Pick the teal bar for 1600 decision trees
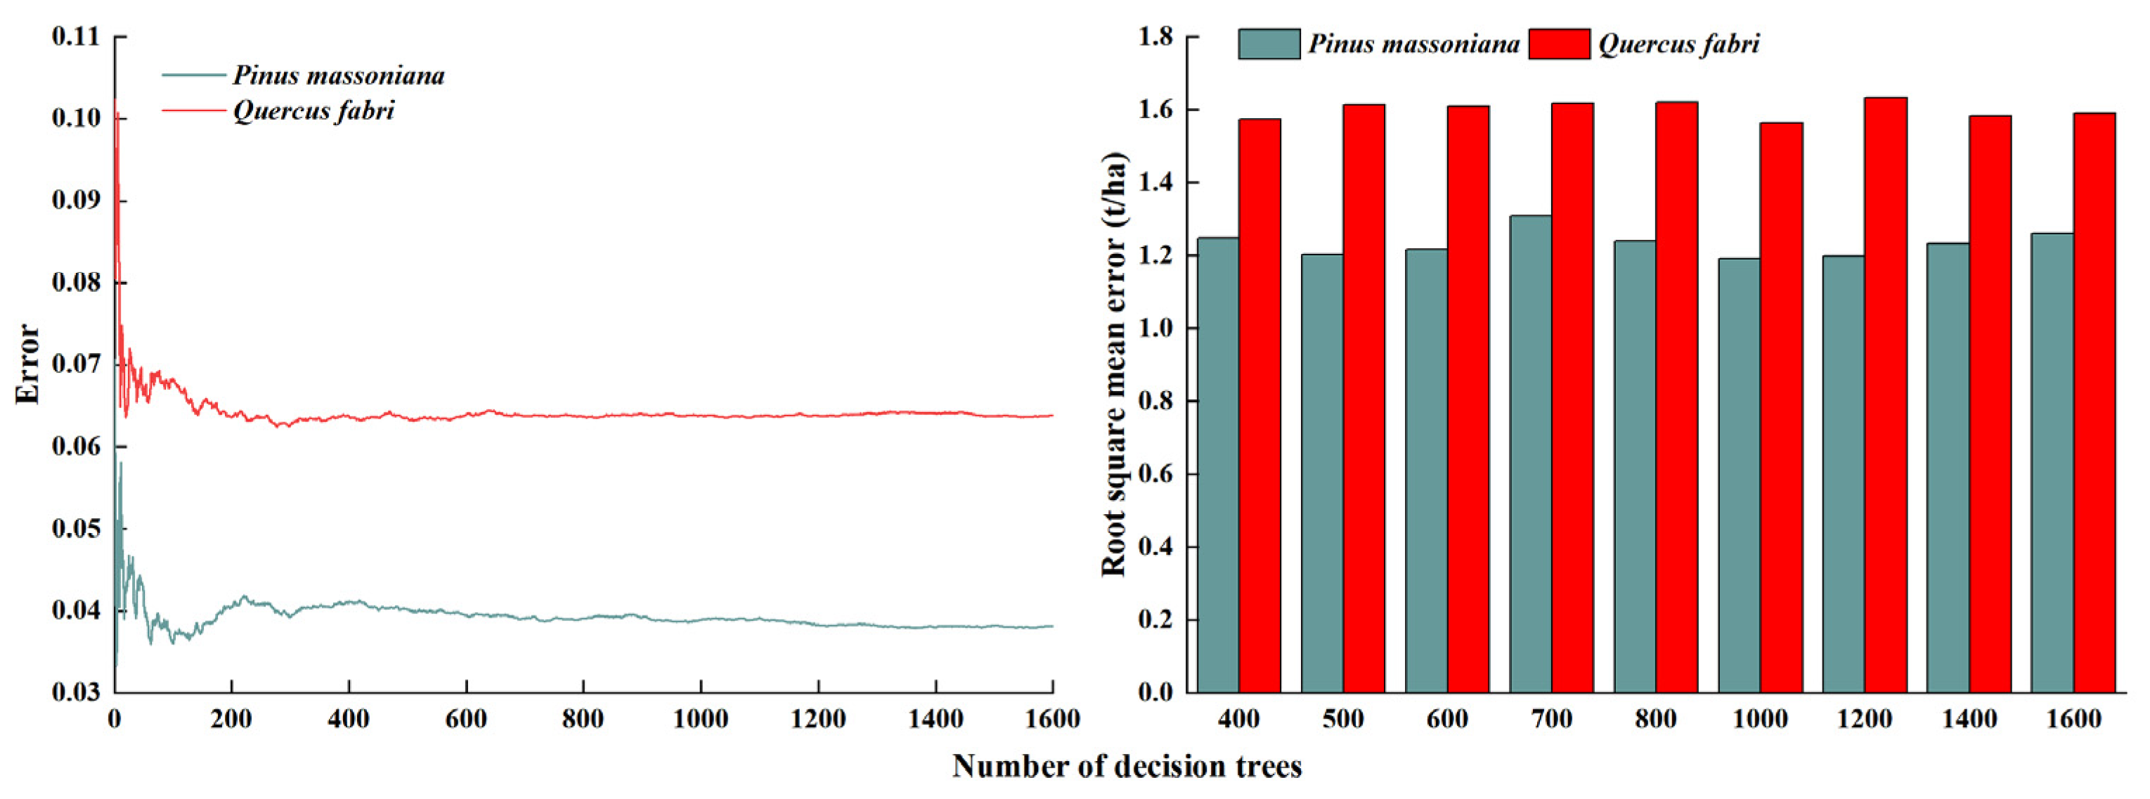(x=2052, y=463)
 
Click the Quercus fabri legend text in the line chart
(x=313, y=110)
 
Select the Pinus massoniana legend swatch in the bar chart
(x=1269, y=44)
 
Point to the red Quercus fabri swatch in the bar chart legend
(x=1559, y=44)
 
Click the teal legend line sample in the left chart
(x=194, y=75)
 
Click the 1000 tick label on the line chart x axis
(x=700, y=719)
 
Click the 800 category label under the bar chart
(x=1656, y=719)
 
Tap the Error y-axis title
(x=27, y=364)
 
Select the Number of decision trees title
(x=1127, y=766)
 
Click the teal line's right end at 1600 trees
(x=1051, y=626)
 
